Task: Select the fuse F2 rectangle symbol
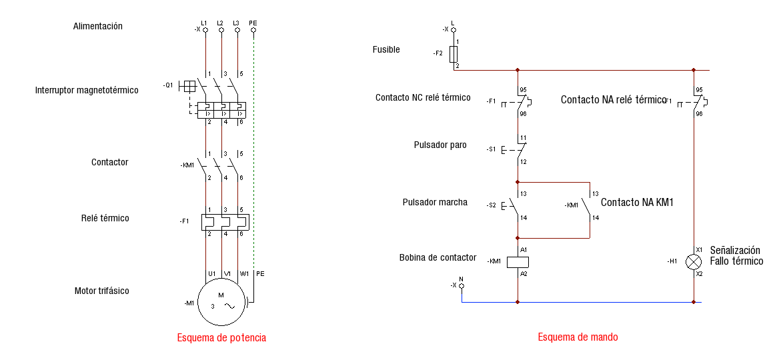point(454,53)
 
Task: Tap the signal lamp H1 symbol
point(694,261)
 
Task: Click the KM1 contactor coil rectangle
point(518,261)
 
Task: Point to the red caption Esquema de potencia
point(221,338)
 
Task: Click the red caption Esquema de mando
point(578,337)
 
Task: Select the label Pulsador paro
point(440,145)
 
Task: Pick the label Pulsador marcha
point(435,202)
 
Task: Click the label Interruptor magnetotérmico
point(87,90)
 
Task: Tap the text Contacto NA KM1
point(637,202)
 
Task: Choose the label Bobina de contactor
point(438,257)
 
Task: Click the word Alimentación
point(98,27)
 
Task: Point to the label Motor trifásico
point(102,291)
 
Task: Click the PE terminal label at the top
point(253,23)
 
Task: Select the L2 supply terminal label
point(220,23)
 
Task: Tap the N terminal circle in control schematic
point(462,285)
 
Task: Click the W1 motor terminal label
point(244,273)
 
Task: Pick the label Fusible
point(386,49)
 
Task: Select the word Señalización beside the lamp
point(735,250)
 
